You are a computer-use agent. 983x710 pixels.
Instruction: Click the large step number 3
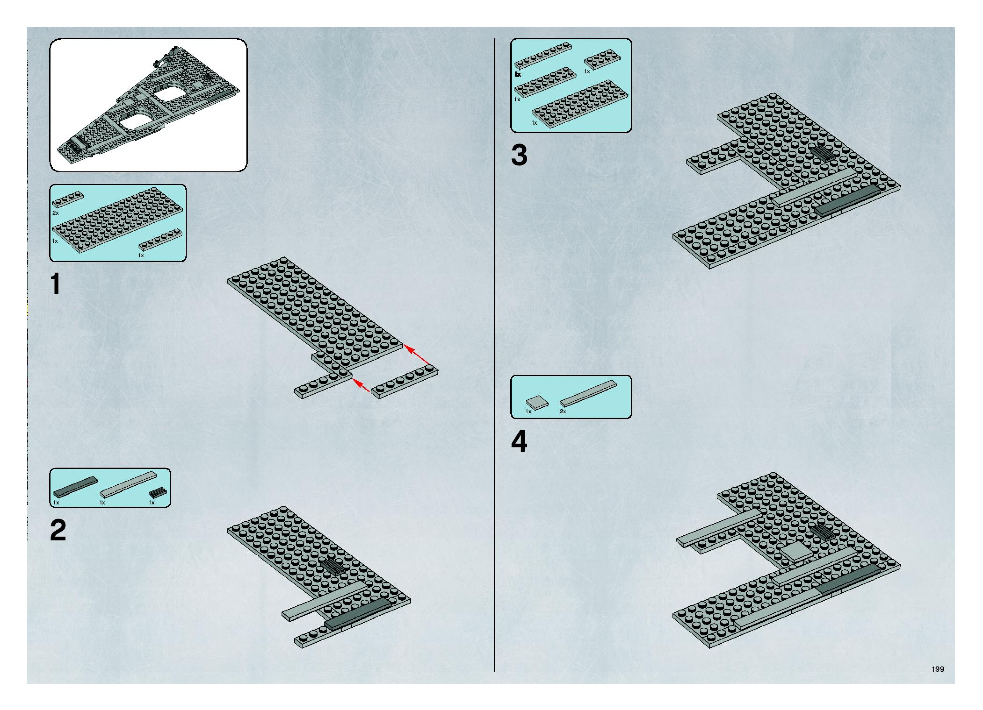519,155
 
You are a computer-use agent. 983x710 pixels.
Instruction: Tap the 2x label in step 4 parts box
563,412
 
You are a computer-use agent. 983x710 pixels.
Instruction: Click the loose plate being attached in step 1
404,382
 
